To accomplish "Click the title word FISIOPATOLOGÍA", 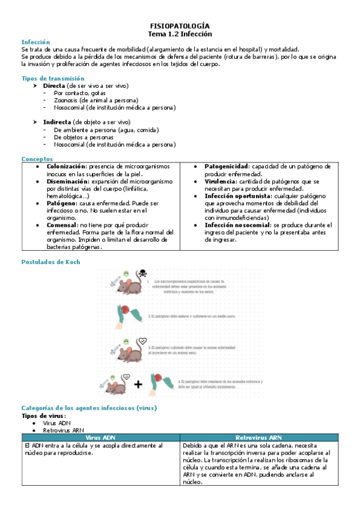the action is point(180,26).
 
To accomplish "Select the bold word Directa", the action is point(54,86).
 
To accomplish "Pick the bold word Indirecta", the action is point(57,122).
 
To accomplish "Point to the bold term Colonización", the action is point(66,166).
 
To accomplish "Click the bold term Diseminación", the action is point(67,181).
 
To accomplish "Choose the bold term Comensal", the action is point(63,225).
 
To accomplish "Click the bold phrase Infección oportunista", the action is point(237,196).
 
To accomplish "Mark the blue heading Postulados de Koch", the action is point(50,262).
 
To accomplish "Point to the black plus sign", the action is point(138,385).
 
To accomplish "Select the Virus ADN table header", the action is point(100,437).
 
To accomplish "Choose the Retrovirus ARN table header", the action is point(259,437).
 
